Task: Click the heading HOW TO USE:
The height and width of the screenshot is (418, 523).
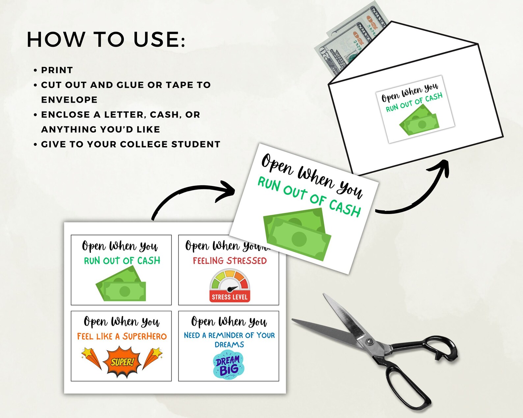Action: pos(106,39)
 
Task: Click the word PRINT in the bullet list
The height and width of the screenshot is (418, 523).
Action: pos(57,70)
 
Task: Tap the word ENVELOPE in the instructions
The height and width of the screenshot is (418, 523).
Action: pos(69,100)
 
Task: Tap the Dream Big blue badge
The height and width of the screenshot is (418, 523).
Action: pos(228,365)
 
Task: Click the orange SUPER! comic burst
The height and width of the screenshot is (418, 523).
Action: pos(122,362)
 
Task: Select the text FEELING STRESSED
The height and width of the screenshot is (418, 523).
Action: pos(230,261)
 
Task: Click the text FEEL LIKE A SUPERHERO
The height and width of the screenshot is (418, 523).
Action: pos(122,336)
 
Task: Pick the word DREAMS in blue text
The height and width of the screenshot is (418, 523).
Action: pos(229,345)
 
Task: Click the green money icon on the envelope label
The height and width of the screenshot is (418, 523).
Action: pos(419,122)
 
